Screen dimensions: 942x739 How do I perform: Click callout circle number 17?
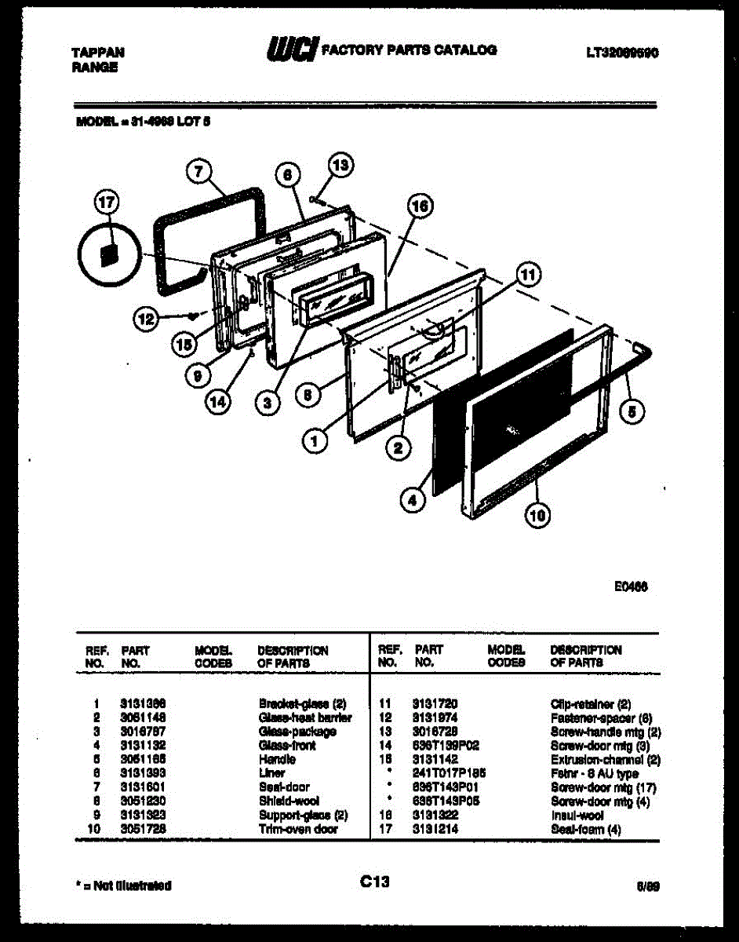[105, 203]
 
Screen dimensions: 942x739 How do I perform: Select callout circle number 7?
[199, 171]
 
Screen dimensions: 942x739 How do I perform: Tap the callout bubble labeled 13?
[340, 166]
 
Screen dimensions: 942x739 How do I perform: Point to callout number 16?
[420, 206]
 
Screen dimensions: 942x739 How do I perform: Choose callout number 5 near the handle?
[633, 408]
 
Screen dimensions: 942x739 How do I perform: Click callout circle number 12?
[144, 319]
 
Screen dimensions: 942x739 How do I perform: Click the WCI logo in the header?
[292, 49]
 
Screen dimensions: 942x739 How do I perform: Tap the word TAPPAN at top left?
[98, 53]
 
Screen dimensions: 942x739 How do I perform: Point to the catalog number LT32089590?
[621, 53]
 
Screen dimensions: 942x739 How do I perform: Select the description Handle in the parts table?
[272, 760]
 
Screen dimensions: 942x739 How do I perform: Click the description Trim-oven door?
[298, 829]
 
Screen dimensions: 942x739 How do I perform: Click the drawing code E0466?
[632, 586]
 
